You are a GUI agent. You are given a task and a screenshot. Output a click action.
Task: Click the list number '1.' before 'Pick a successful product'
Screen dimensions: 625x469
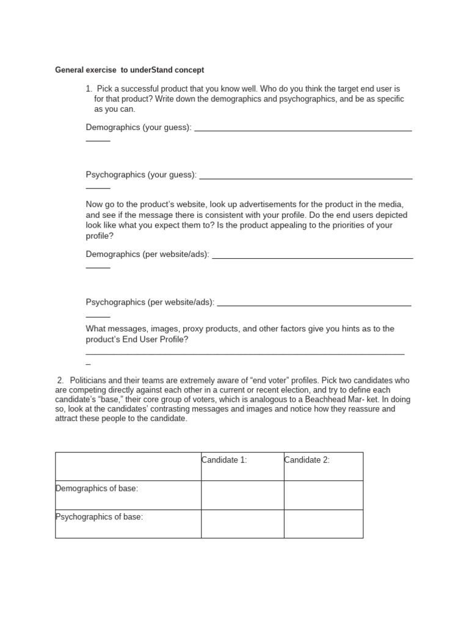pos(90,89)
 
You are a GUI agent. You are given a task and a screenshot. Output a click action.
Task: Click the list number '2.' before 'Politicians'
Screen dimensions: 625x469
pos(60,380)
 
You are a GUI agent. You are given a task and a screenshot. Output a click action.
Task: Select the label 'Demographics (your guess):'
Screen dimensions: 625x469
pos(139,128)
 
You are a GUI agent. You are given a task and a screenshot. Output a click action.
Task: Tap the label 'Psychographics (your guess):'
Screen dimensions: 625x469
pos(141,175)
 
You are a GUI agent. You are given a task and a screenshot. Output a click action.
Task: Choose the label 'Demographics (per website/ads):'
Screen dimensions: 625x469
pos(147,254)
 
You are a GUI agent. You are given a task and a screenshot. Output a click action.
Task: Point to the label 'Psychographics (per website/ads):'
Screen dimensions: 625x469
pos(150,302)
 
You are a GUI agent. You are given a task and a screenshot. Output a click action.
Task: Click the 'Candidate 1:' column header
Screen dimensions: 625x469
pos(224,460)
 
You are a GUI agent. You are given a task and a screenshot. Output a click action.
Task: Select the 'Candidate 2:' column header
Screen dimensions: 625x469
pos(307,460)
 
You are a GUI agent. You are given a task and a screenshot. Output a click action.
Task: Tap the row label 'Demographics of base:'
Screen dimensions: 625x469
pos(96,488)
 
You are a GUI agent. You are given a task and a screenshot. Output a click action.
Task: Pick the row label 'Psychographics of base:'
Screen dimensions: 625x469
pos(99,517)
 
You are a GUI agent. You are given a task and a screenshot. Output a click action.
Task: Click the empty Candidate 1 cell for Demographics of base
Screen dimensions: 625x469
pos(242,495)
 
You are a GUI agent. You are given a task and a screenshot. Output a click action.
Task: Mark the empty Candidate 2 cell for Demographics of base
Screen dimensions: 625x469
pos(323,495)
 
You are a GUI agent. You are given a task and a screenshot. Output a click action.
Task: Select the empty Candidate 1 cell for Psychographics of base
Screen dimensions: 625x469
pos(242,524)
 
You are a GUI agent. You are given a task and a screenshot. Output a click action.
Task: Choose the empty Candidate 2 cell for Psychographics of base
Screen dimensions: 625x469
pos(323,524)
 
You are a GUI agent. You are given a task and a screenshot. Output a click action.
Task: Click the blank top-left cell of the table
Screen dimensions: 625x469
pos(128,466)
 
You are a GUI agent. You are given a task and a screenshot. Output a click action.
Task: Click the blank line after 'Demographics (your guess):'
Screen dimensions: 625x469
pos(302,129)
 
